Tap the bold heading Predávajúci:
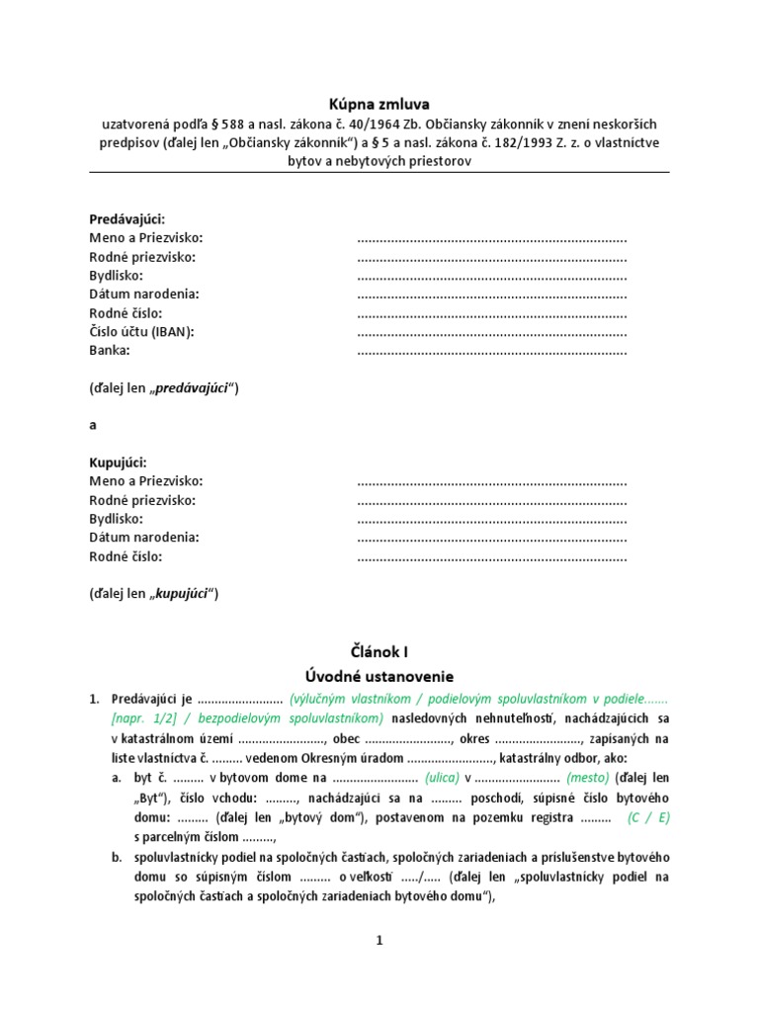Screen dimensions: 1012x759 (x=127, y=219)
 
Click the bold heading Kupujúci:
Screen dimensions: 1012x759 (x=118, y=463)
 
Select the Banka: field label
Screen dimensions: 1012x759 (x=110, y=350)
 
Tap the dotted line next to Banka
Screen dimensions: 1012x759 (x=491, y=350)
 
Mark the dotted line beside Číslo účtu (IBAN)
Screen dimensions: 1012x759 (x=491, y=331)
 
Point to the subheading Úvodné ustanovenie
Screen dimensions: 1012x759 (x=379, y=677)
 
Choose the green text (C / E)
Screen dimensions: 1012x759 (x=648, y=818)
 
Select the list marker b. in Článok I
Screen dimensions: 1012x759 (x=117, y=857)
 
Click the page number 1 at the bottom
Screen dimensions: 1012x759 (x=379, y=942)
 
